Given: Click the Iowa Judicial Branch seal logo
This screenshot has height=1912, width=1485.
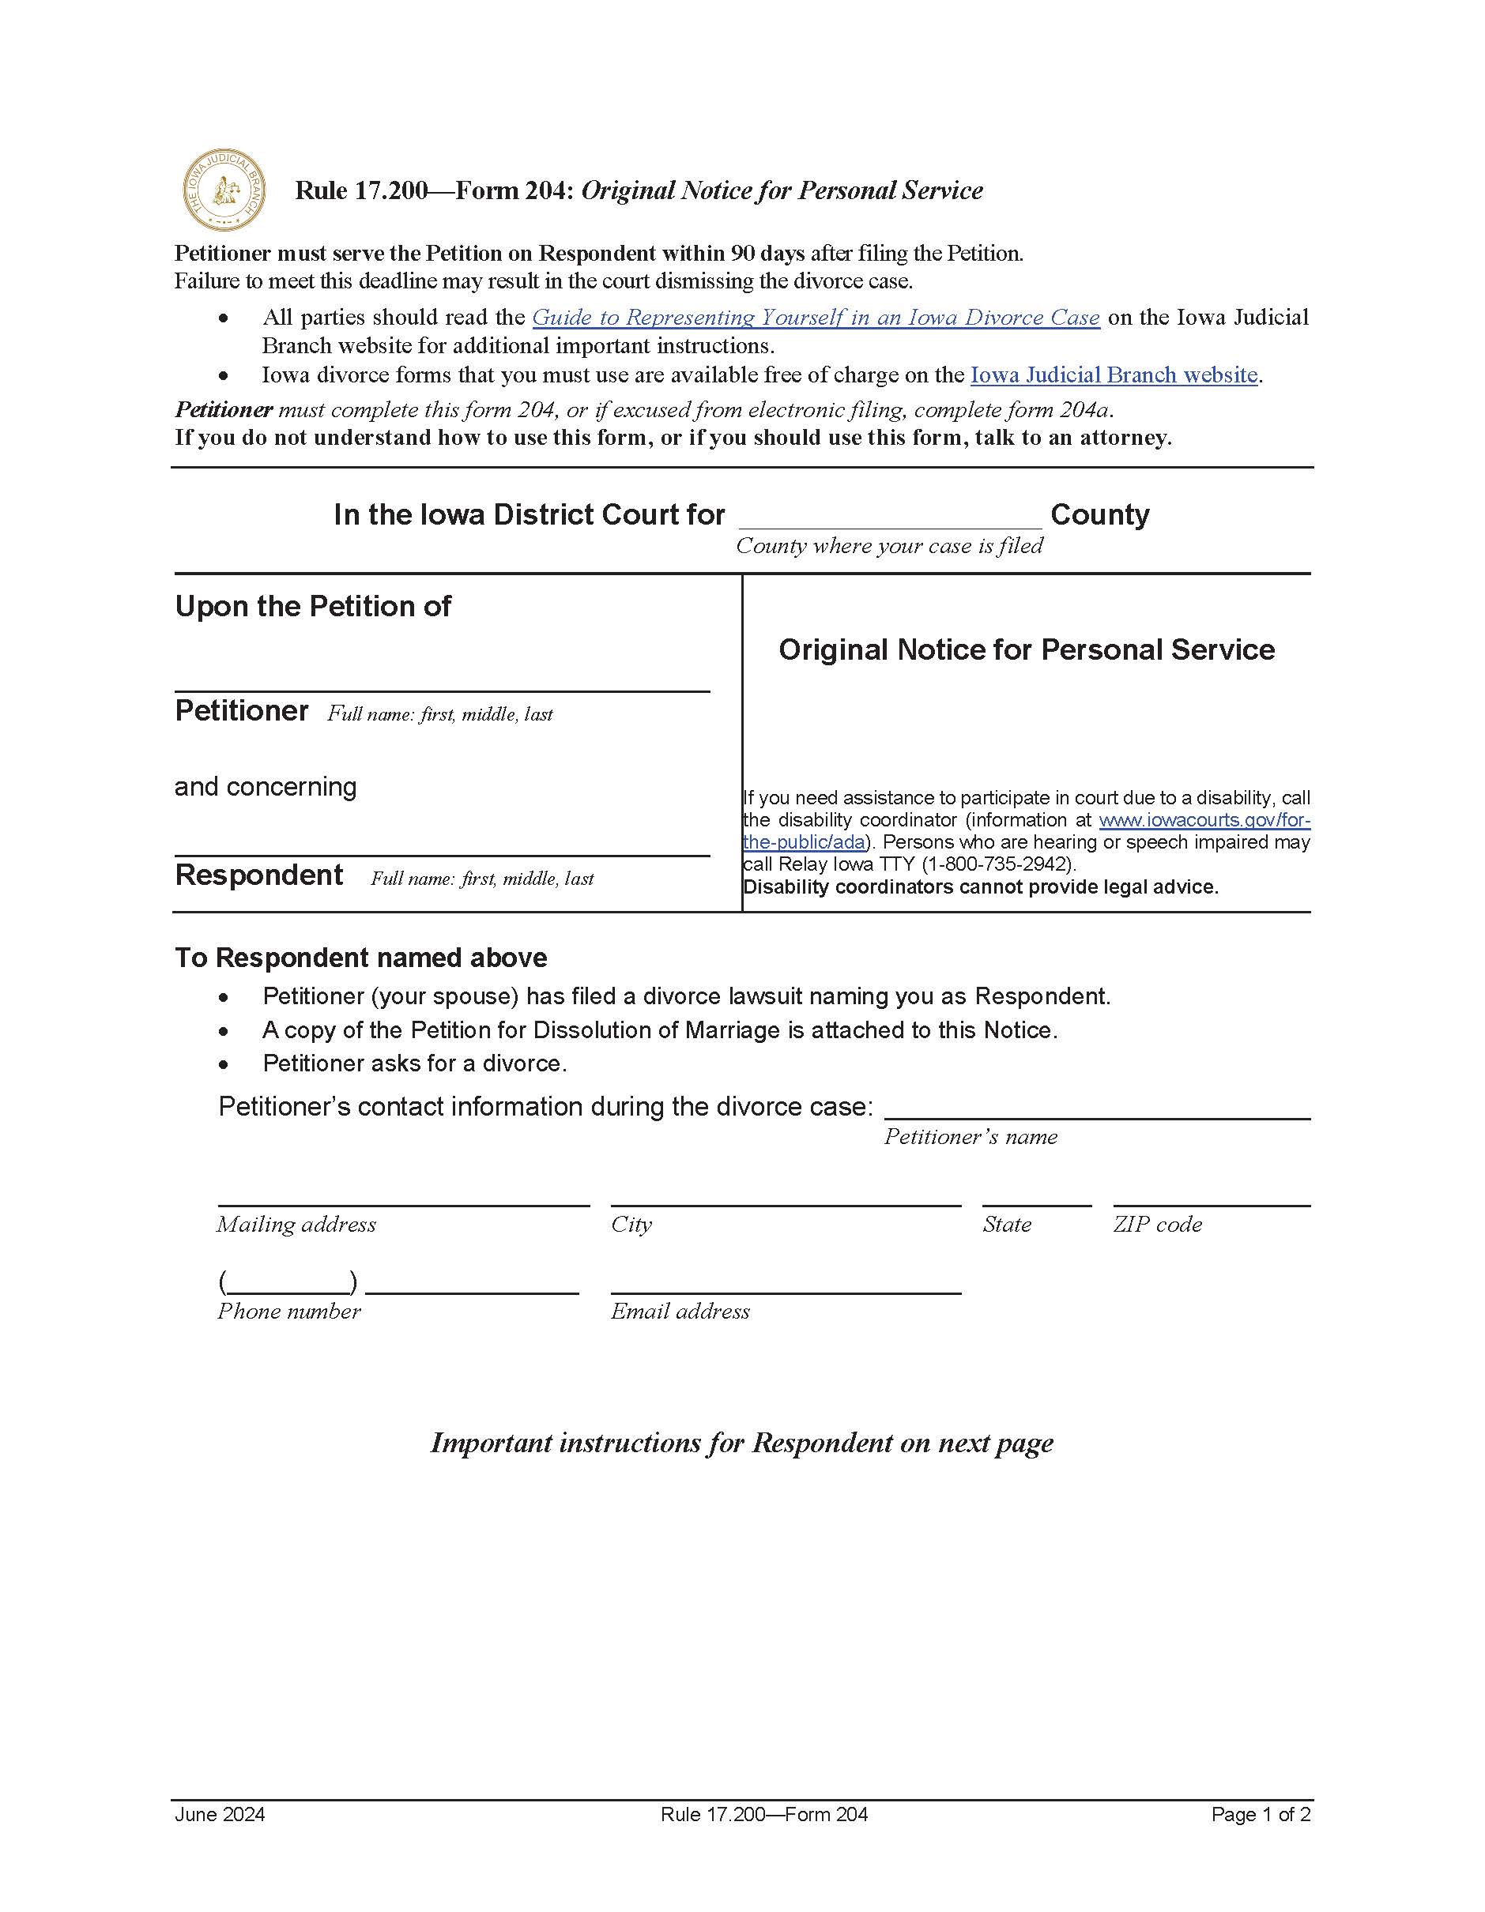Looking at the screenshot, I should click(224, 190).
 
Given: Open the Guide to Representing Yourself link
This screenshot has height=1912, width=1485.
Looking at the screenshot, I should click(815, 317).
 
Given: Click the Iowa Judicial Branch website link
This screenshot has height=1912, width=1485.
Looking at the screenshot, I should click(1114, 374).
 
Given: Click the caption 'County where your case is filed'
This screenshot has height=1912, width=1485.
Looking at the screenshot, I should click(889, 545).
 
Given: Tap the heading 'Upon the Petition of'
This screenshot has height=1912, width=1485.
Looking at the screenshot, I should click(313, 606).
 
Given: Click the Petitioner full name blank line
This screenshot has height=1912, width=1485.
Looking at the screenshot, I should click(441, 679).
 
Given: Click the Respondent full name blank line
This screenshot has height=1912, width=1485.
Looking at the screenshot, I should click(441, 843).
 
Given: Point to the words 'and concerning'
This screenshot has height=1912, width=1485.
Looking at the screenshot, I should click(266, 786).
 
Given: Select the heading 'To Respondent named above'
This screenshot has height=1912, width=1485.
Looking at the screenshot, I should click(360, 958).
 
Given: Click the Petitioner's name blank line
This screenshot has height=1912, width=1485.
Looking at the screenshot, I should click(1096, 1108).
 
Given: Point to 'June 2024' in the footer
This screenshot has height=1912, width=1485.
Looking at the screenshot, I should click(220, 1814).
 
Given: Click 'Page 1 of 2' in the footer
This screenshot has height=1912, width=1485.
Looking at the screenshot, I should click(1260, 1814).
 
